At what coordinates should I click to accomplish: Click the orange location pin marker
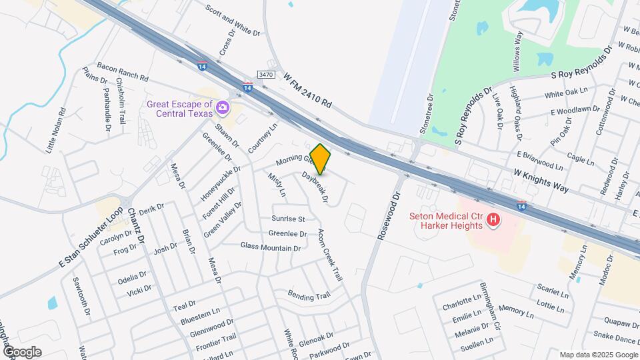point(320,159)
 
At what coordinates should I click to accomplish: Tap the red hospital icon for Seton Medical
point(493,219)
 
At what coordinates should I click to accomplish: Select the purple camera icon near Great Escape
point(223,107)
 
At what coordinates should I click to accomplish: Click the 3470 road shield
point(266,77)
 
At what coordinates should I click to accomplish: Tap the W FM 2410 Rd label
point(307,91)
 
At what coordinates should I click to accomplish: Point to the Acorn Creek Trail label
point(329,255)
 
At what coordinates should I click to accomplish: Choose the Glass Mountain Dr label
point(270,247)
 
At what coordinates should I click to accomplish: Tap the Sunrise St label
point(288,219)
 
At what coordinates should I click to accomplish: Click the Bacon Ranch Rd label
point(122,72)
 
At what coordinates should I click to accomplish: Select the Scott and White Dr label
point(232,21)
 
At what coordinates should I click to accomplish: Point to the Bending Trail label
point(309,295)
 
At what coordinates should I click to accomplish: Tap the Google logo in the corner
point(22,351)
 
